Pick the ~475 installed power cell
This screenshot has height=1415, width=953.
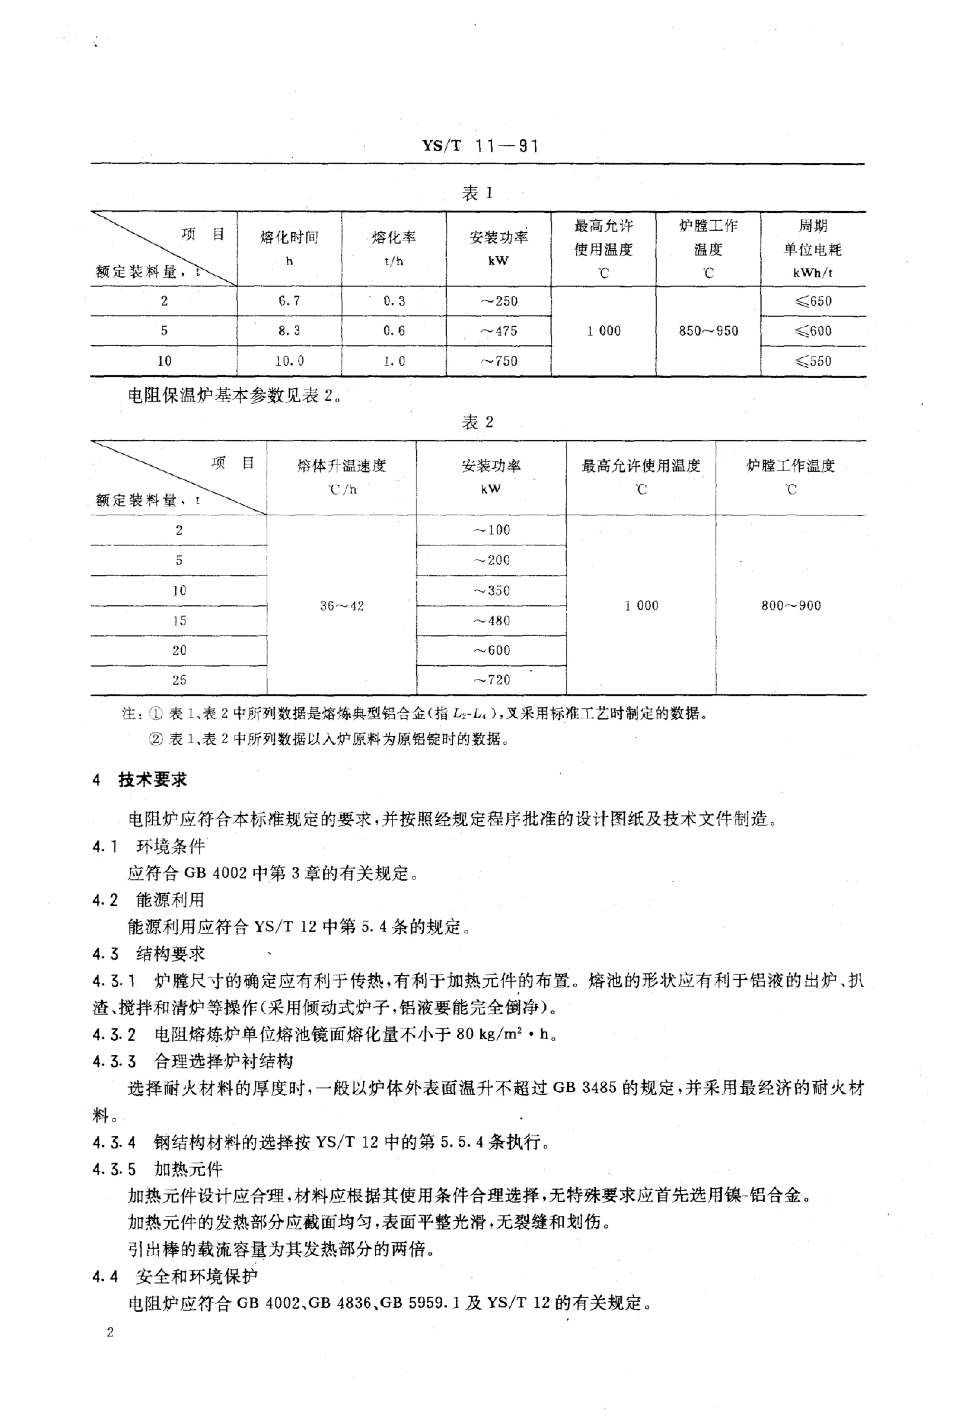click(498, 331)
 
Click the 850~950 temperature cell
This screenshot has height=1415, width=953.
click(708, 331)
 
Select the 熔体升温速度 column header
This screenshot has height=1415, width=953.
click(342, 466)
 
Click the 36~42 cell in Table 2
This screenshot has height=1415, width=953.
click(342, 605)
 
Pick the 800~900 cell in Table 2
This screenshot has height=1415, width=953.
click(791, 605)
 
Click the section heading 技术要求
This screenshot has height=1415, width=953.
click(153, 780)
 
